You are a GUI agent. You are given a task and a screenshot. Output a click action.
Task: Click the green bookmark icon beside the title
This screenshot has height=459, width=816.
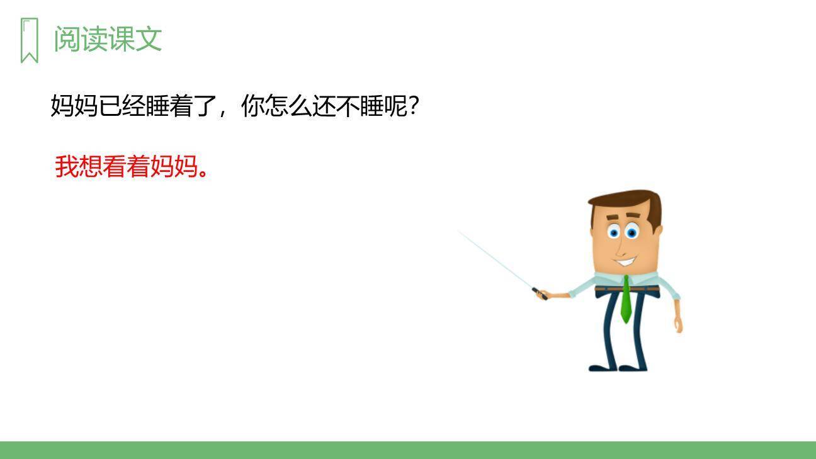(29, 40)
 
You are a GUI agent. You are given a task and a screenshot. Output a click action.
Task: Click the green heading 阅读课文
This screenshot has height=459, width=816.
(108, 39)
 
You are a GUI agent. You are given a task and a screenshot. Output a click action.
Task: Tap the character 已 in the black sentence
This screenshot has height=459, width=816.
(110, 106)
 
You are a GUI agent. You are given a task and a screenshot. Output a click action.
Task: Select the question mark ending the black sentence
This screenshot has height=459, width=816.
(414, 106)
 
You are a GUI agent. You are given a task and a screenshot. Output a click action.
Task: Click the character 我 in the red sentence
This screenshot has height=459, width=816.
(67, 166)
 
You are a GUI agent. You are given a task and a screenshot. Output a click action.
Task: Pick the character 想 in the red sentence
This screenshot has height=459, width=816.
(91, 166)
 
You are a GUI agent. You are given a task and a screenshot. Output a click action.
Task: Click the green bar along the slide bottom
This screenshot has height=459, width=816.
(408, 450)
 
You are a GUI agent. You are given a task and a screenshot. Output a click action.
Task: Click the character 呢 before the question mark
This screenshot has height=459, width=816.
(395, 106)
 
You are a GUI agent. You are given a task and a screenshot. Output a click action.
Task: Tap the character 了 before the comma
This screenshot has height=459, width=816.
(205, 106)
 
